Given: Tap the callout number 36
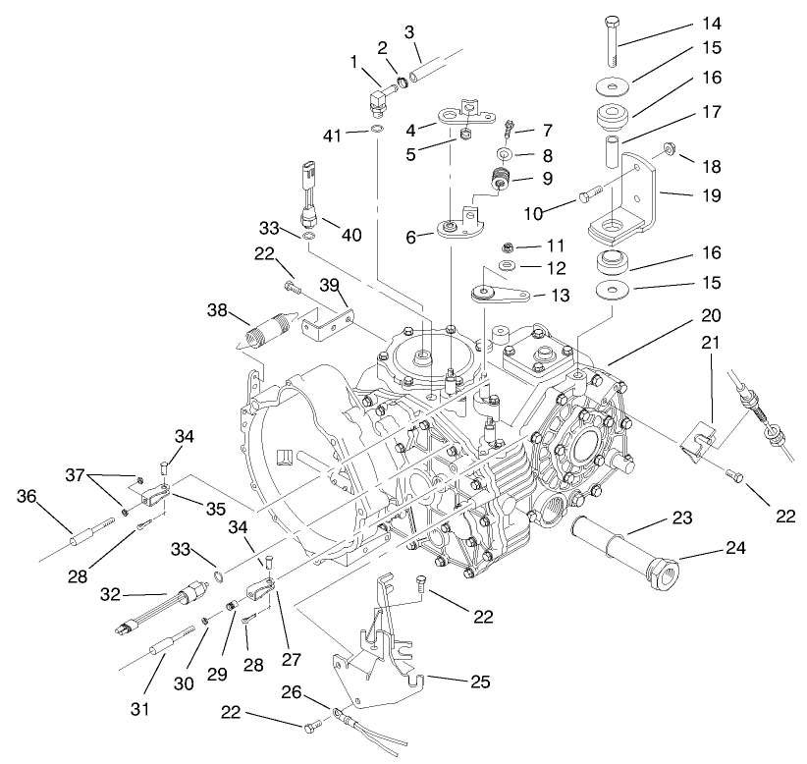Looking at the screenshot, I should coord(27,497).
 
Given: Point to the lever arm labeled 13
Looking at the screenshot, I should coord(502,293).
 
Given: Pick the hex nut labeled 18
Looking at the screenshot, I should coord(666,150).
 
